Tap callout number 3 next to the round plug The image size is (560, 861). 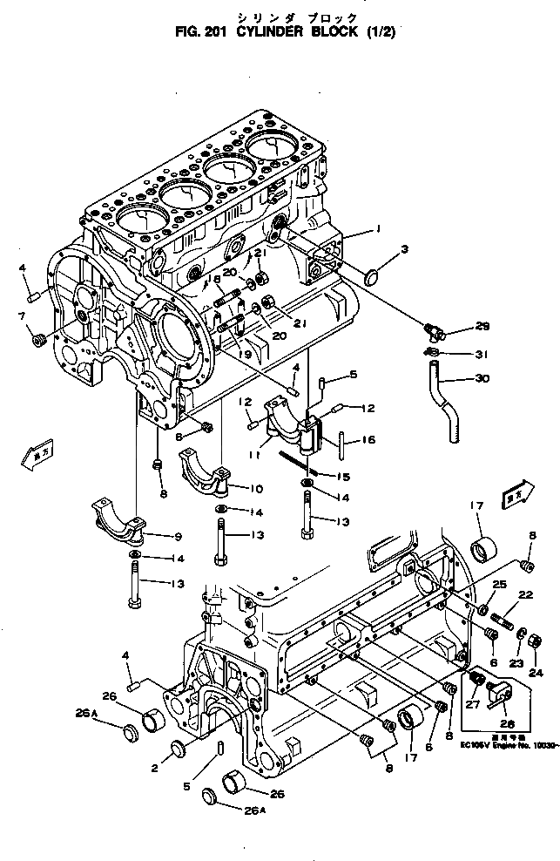(403, 249)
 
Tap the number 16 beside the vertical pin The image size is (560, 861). (368, 441)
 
